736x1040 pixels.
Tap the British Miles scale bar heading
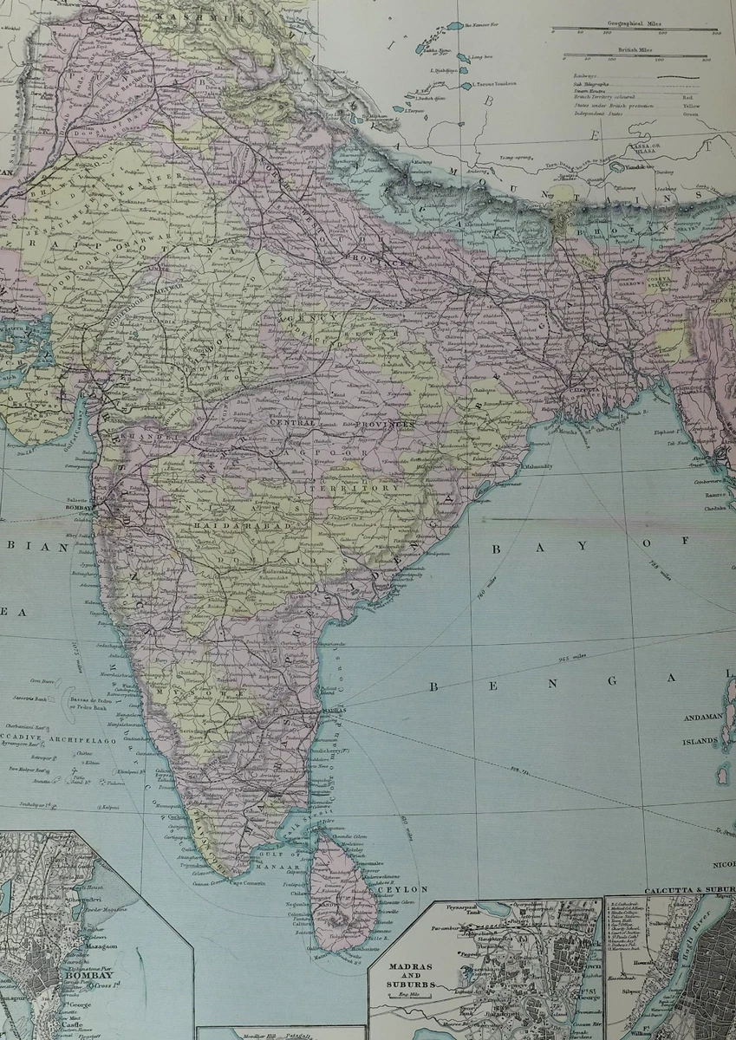636,51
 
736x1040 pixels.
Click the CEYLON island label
399,889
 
